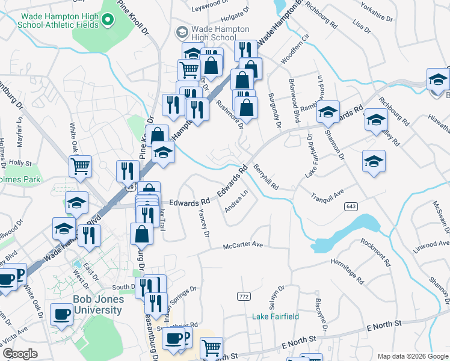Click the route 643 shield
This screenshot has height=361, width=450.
[351, 206]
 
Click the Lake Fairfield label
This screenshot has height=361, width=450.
[274, 316]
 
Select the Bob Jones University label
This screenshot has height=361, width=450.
[90, 304]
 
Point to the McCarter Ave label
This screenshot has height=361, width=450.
[244, 245]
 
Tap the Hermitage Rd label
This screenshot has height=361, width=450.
[347, 271]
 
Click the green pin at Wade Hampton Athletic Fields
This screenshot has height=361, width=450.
[108, 20]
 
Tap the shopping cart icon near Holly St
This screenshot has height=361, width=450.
[80, 166]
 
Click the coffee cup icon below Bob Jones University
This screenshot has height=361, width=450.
[62, 314]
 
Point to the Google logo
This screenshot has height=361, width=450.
[20, 354]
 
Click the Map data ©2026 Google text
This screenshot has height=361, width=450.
[411, 356]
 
